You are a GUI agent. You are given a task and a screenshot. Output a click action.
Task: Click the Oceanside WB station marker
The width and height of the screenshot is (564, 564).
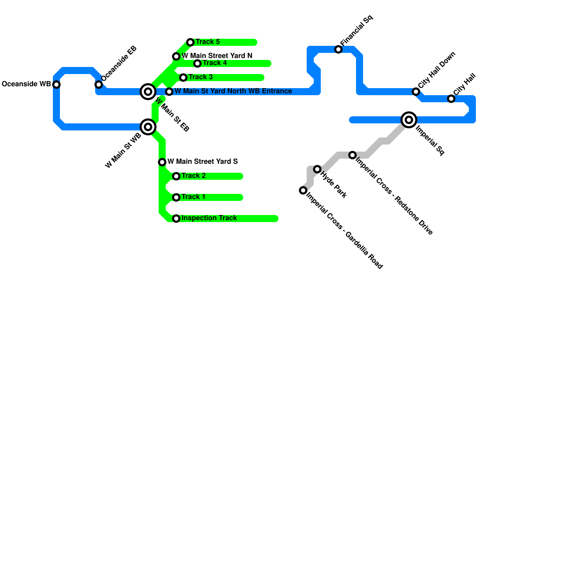coord(56,85)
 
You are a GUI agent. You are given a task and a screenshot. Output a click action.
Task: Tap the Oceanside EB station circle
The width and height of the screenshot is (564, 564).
coord(99,85)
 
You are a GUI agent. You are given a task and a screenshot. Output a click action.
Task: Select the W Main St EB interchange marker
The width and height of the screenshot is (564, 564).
coord(148,92)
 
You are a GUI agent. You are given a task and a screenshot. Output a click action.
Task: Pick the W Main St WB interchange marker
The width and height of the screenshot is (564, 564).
coord(148,127)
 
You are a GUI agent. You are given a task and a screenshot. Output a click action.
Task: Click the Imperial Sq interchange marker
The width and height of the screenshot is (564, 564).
coord(409,120)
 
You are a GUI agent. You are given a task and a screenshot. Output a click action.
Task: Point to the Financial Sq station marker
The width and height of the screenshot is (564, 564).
coord(338,49)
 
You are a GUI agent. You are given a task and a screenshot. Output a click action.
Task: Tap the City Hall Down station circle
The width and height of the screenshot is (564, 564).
coord(416,92)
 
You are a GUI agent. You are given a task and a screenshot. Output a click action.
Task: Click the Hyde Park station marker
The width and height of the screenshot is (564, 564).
coord(317,169)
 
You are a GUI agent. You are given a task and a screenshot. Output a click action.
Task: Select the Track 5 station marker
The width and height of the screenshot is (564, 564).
coord(190,42)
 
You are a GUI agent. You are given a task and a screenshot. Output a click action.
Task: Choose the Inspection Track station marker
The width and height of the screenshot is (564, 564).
coord(176,219)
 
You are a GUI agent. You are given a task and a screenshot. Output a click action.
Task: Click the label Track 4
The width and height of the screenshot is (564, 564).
coord(215,63)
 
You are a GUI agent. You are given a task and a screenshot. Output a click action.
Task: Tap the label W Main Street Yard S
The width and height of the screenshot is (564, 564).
coord(203,162)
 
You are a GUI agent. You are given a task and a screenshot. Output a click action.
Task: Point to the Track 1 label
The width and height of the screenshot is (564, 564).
coord(194,197)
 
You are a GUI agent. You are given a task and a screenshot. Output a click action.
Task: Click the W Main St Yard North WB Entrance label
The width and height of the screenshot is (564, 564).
coord(233,91)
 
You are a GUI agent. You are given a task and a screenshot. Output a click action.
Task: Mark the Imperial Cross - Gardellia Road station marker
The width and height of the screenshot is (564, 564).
coord(303,190)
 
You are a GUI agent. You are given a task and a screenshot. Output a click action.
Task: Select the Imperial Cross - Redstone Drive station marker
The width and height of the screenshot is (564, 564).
coord(352,155)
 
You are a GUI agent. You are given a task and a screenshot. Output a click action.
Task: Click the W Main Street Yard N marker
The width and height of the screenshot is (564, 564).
coord(176,56)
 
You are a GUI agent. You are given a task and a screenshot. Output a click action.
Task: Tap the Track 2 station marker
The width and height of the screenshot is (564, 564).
coord(176,176)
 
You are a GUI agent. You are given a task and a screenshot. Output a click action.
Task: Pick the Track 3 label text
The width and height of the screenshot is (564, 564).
coord(201,77)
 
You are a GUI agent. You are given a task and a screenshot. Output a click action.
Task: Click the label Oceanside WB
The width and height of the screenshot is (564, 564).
coord(26,84)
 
